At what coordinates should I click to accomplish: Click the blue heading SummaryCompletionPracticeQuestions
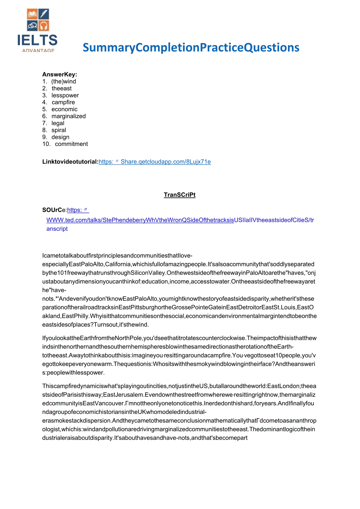click(x=191, y=47)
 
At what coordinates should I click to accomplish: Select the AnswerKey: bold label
click(x=59, y=74)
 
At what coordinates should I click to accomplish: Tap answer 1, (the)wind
click(x=63, y=81)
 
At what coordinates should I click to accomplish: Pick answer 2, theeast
click(x=61, y=88)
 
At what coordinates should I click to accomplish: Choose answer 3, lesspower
click(x=65, y=95)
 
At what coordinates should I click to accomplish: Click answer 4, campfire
click(x=63, y=103)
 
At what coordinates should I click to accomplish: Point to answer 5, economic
click(x=64, y=109)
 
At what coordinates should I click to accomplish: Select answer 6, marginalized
click(x=68, y=116)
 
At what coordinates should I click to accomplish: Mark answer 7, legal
click(x=58, y=123)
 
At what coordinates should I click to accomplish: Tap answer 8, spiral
click(x=59, y=130)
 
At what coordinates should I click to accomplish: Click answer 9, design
click(x=60, y=137)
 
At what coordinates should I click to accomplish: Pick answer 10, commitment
click(x=71, y=144)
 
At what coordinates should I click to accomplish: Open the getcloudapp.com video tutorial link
click(x=155, y=162)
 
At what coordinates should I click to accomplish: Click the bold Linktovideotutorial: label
click(x=70, y=162)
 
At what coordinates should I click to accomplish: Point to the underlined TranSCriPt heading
click(x=180, y=195)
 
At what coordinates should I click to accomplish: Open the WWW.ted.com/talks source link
click(x=140, y=220)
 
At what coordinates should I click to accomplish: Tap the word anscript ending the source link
click(x=57, y=229)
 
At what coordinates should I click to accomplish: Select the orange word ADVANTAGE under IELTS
click(x=38, y=50)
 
